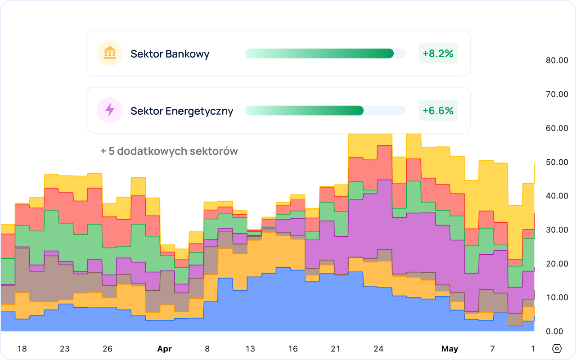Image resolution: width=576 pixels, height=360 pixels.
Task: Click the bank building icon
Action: tap(110, 53)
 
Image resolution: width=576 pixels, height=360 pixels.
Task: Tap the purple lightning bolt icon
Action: tap(110, 110)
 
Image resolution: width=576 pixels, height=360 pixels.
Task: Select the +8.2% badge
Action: tap(438, 53)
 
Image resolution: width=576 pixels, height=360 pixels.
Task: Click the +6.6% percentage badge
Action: tap(438, 110)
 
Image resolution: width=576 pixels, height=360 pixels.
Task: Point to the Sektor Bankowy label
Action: tap(170, 54)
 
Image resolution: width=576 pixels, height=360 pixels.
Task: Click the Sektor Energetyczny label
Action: tap(182, 111)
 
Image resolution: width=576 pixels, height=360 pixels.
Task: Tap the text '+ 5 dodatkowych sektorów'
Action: tap(169, 151)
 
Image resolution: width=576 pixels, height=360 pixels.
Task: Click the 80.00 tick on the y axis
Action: tap(557, 60)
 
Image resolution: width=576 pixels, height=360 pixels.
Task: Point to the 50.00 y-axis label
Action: tap(557, 162)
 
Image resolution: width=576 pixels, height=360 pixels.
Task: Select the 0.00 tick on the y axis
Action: tap(554, 332)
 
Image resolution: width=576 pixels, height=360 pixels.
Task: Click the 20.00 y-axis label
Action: tap(557, 264)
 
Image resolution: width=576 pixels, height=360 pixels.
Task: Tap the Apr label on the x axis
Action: tap(165, 349)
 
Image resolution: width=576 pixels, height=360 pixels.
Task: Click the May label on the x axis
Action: tap(450, 349)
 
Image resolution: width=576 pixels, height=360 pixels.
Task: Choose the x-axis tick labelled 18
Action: tap(22, 349)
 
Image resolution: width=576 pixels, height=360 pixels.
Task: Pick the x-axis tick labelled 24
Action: tap(378, 349)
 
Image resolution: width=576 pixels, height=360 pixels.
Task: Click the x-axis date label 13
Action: tap(250, 349)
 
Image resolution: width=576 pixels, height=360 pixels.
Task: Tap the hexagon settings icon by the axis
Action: tap(557, 349)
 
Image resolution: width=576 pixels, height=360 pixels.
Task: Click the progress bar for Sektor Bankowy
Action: tap(325, 54)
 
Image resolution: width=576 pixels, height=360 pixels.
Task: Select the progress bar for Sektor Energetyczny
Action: tap(325, 111)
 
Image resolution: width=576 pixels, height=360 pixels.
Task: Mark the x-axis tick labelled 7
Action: tap(492, 349)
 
